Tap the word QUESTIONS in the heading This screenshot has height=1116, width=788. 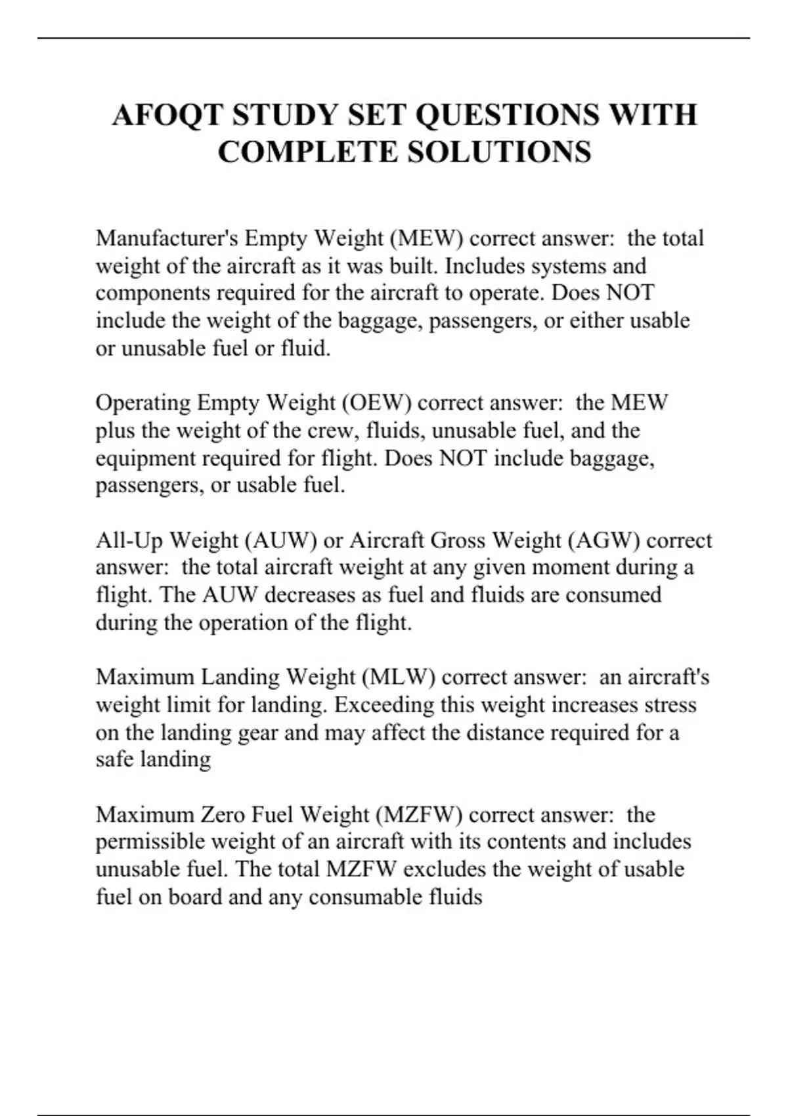tap(508, 115)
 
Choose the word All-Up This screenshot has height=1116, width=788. tap(129, 540)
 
